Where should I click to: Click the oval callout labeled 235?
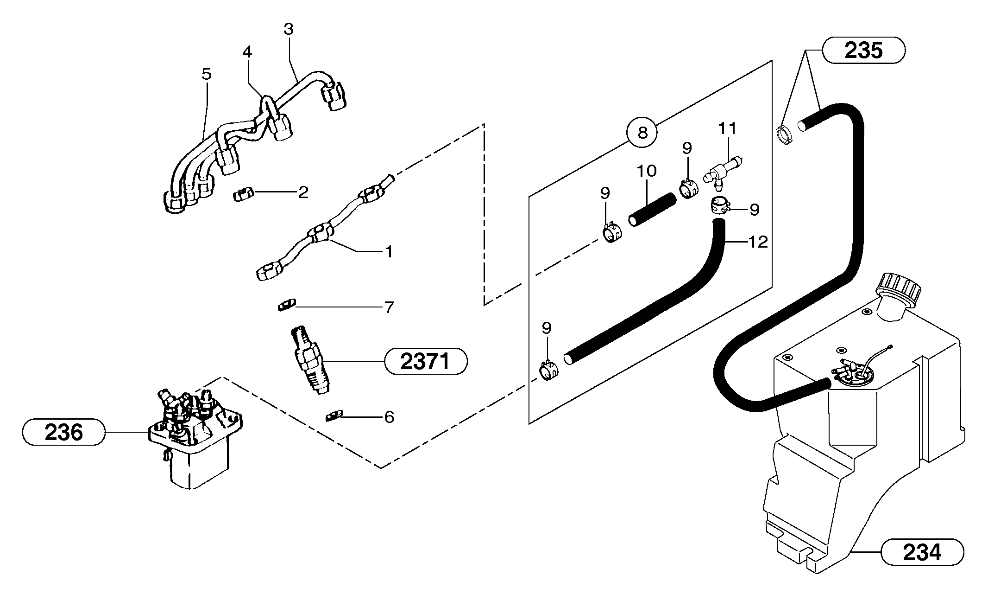[863, 50]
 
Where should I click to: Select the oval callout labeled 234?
[922, 552]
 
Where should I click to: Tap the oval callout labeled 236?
[64, 432]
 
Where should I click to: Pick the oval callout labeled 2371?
[425, 361]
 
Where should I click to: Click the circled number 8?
[642, 133]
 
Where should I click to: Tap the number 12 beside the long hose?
[758, 242]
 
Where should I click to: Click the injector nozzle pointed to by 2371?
[309, 361]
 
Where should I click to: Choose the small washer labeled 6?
[334, 416]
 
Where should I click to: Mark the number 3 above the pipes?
[288, 29]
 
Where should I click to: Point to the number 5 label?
[207, 74]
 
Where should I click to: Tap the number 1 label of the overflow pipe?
[389, 252]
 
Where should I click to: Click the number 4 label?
[247, 52]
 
